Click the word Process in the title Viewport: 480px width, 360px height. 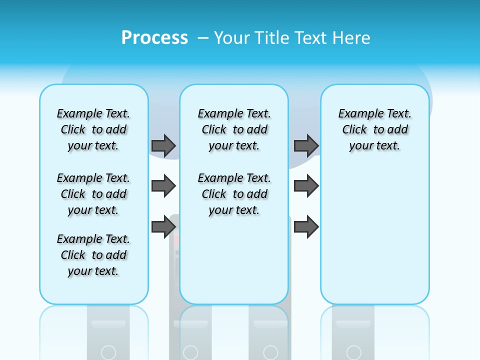coord(154,38)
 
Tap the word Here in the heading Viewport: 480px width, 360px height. coord(351,38)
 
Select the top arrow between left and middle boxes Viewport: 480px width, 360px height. coord(163,145)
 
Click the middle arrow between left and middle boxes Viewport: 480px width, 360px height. coord(163,186)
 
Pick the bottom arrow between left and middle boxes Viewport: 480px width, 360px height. coord(163,226)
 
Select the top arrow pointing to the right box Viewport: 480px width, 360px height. coord(306,145)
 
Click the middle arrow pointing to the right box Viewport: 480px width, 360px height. coord(306,186)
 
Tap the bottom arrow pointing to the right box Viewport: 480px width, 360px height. coord(306,226)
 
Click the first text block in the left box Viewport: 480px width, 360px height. coord(93,129)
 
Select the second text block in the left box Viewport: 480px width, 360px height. coord(93,194)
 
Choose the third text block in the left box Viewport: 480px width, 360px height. coord(93,255)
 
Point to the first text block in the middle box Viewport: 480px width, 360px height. coord(234,129)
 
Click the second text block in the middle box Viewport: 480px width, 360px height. coord(234,194)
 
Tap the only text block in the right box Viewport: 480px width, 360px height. coord(374,129)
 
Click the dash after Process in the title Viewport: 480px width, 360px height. coord(203,38)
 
